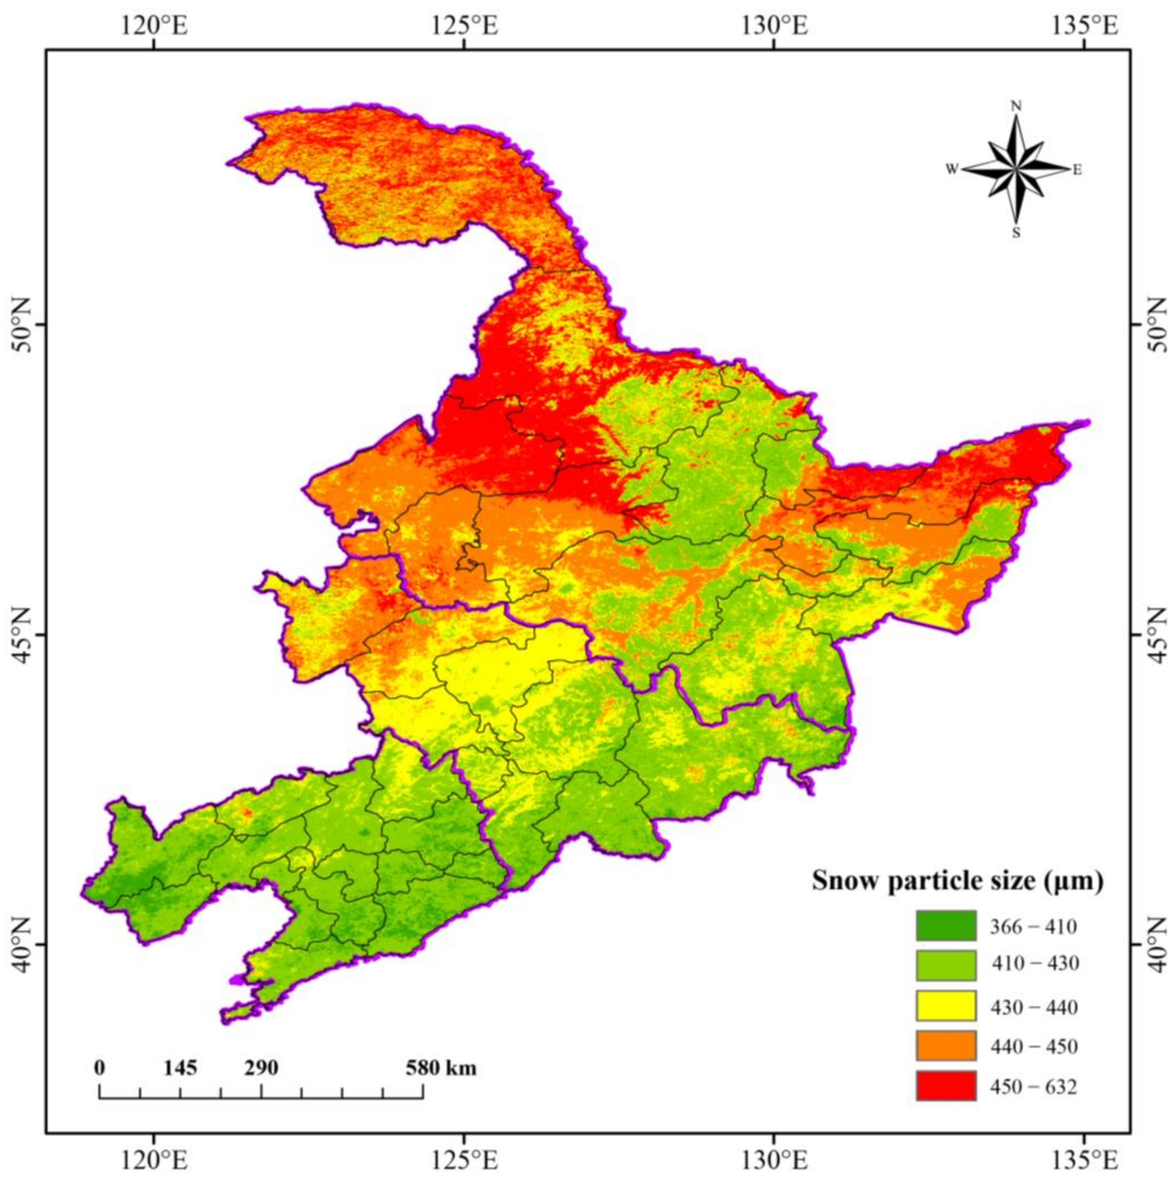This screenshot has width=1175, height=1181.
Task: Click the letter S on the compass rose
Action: [1016, 233]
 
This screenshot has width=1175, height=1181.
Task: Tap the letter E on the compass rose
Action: [1077, 170]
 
